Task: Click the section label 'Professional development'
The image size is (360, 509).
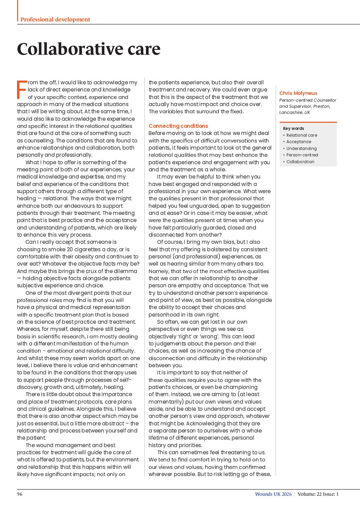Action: (x=55, y=19)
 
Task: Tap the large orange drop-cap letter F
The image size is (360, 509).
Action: (x=21, y=90)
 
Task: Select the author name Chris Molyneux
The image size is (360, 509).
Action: (x=298, y=93)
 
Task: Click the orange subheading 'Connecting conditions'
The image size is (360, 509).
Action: (x=178, y=126)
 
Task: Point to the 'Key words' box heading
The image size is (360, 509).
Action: (x=293, y=129)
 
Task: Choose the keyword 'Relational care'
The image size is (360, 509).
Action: (x=301, y=135)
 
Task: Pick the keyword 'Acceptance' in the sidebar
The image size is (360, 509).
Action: (x=298, y=142)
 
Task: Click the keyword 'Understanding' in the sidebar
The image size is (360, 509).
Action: (x=301, y=149)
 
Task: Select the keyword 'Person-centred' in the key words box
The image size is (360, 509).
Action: (x=302, y=155)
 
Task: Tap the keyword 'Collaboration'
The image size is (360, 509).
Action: (x=300, y=162)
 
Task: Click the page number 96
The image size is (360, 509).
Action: (x=20, y=494)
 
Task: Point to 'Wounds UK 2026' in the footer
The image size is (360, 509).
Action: (x=273, y=494)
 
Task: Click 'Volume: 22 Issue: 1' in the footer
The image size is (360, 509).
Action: (x=318, y=494)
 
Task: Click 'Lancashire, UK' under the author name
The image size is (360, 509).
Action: (x=294, y=113)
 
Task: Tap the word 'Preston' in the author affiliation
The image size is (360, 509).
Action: (x=321, y=106)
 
